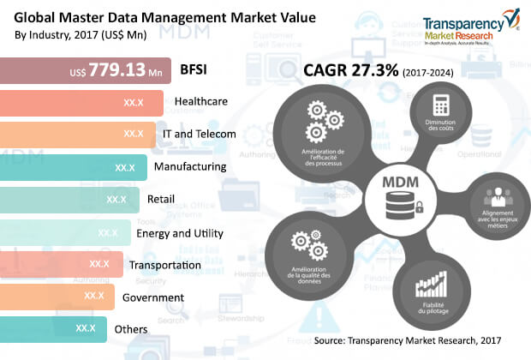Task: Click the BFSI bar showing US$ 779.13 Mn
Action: (x=86, y=70)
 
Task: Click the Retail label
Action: (x=161, y=199)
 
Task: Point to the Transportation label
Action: (x=164, y=264)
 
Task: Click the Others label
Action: (x=131, y=328)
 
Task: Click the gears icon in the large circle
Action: (x=319, y=122)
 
